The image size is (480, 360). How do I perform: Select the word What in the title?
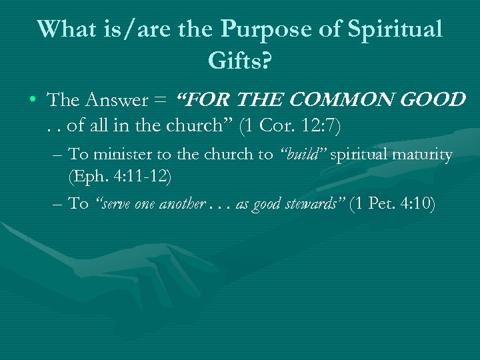tap(65, 29)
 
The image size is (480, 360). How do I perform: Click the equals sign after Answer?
tap(161, 101)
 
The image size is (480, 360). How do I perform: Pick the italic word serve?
tap(115, 204)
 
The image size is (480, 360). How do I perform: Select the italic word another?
tap(181, 204)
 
